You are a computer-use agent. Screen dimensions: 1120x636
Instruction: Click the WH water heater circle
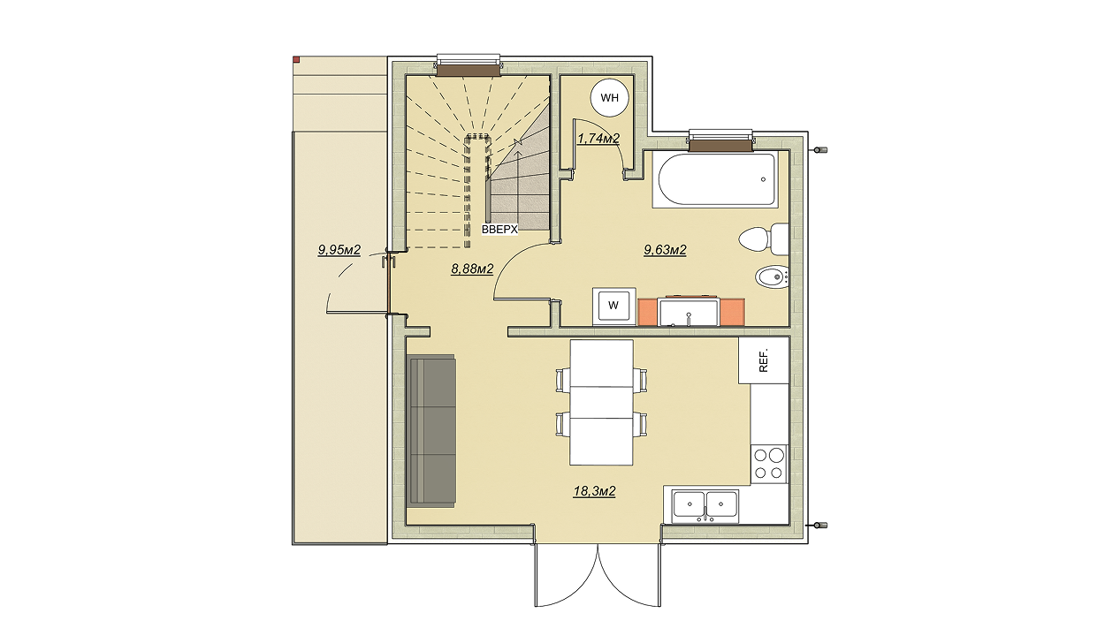pos(609,97)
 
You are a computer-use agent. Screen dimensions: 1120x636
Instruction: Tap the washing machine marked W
pos(614,306)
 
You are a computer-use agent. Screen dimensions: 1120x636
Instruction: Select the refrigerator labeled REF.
pos(764,360)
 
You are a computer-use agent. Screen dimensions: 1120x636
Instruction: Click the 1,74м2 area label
pos(598,139)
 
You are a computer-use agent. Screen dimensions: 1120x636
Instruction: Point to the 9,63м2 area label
pos(665,250)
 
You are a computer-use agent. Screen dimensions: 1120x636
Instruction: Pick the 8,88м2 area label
pos(472,269)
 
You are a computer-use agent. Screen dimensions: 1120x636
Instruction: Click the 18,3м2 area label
pos(594,492)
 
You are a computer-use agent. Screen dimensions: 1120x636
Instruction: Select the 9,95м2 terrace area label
pos(339,250)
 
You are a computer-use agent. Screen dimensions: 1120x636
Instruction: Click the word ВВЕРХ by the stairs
pos(499,230)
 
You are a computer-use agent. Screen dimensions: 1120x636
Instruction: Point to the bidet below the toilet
pos(772,276)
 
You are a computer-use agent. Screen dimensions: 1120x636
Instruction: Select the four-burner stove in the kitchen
pos(768,464)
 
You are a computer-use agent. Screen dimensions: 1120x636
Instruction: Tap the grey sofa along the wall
pos(430,431)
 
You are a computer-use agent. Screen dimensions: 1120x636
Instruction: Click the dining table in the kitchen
pos(601,402)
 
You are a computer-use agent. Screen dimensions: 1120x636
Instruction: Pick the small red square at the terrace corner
pos(296,60)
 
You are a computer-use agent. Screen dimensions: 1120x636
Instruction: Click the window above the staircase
pos(469,65)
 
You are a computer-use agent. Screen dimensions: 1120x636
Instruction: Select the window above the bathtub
pos(720,140)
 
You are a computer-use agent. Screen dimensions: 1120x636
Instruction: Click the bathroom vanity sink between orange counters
pos(689,313)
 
